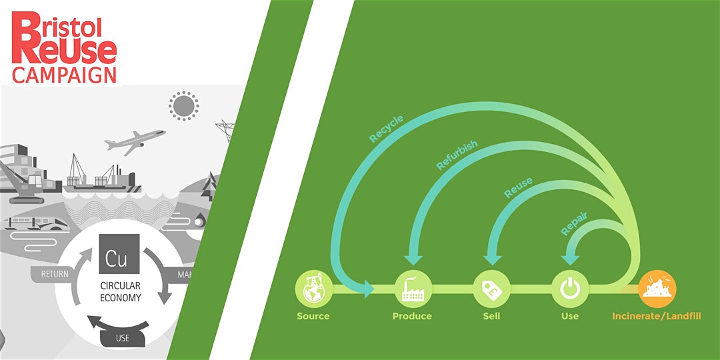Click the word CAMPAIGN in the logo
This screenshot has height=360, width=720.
[64, 75]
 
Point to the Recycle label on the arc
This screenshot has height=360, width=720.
[387, 129]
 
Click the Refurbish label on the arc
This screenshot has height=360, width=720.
[457, 155]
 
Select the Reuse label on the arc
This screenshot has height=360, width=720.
[518, 187]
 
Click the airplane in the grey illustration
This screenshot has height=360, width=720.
[135, 141]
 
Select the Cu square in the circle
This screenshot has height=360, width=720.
[119, 254]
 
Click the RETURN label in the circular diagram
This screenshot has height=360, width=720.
[55, 273]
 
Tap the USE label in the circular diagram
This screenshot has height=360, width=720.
[123, 337]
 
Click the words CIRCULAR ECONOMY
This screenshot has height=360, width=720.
[121, 292]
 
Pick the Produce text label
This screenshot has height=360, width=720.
[412, 316]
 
